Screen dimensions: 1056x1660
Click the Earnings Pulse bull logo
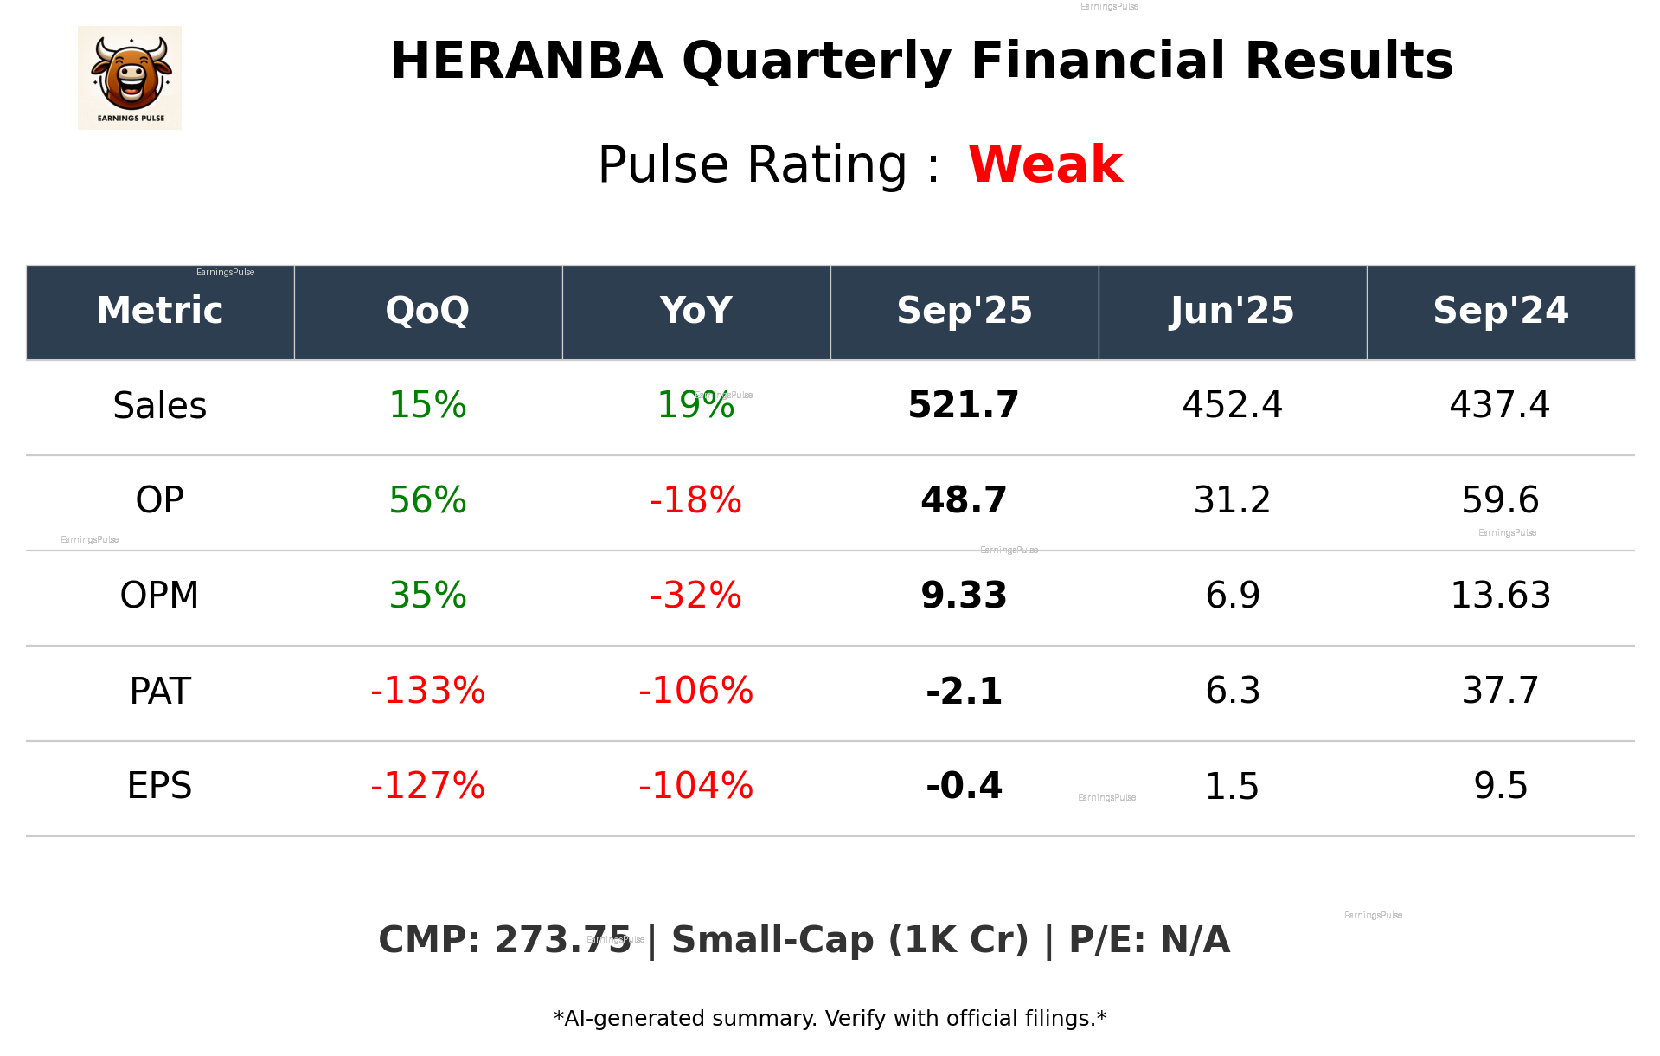tap(130, 78)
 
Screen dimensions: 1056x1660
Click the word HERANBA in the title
tap(526, 61)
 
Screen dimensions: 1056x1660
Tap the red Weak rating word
tap(1045, 164)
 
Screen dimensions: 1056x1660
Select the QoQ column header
tap(427, 311)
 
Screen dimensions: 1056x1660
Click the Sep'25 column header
tap(964, 311)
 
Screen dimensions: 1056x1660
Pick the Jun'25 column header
tap(1232, 311)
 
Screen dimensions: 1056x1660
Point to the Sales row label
tap(160, 406)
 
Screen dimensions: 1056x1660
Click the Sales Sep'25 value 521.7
tap(964, 405)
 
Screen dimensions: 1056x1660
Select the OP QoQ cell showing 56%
tap(427, 500)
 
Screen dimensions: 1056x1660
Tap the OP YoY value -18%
tap(695, 500)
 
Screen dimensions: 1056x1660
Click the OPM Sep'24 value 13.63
tap(1500, 596)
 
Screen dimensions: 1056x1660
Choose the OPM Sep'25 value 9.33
tap(964, 596)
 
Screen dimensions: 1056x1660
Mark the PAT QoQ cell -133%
tap(427, 691)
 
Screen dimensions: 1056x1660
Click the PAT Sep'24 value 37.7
tap(1500, 691)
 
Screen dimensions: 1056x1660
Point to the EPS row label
tap(160, 786)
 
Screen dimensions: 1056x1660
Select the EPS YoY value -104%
tap(695, 786)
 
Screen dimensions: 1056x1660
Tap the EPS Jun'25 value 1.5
tap(1232, 786)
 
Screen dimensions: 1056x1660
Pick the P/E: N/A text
tap(1149, 940)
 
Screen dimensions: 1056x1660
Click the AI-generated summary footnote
tap(830, 1019)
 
